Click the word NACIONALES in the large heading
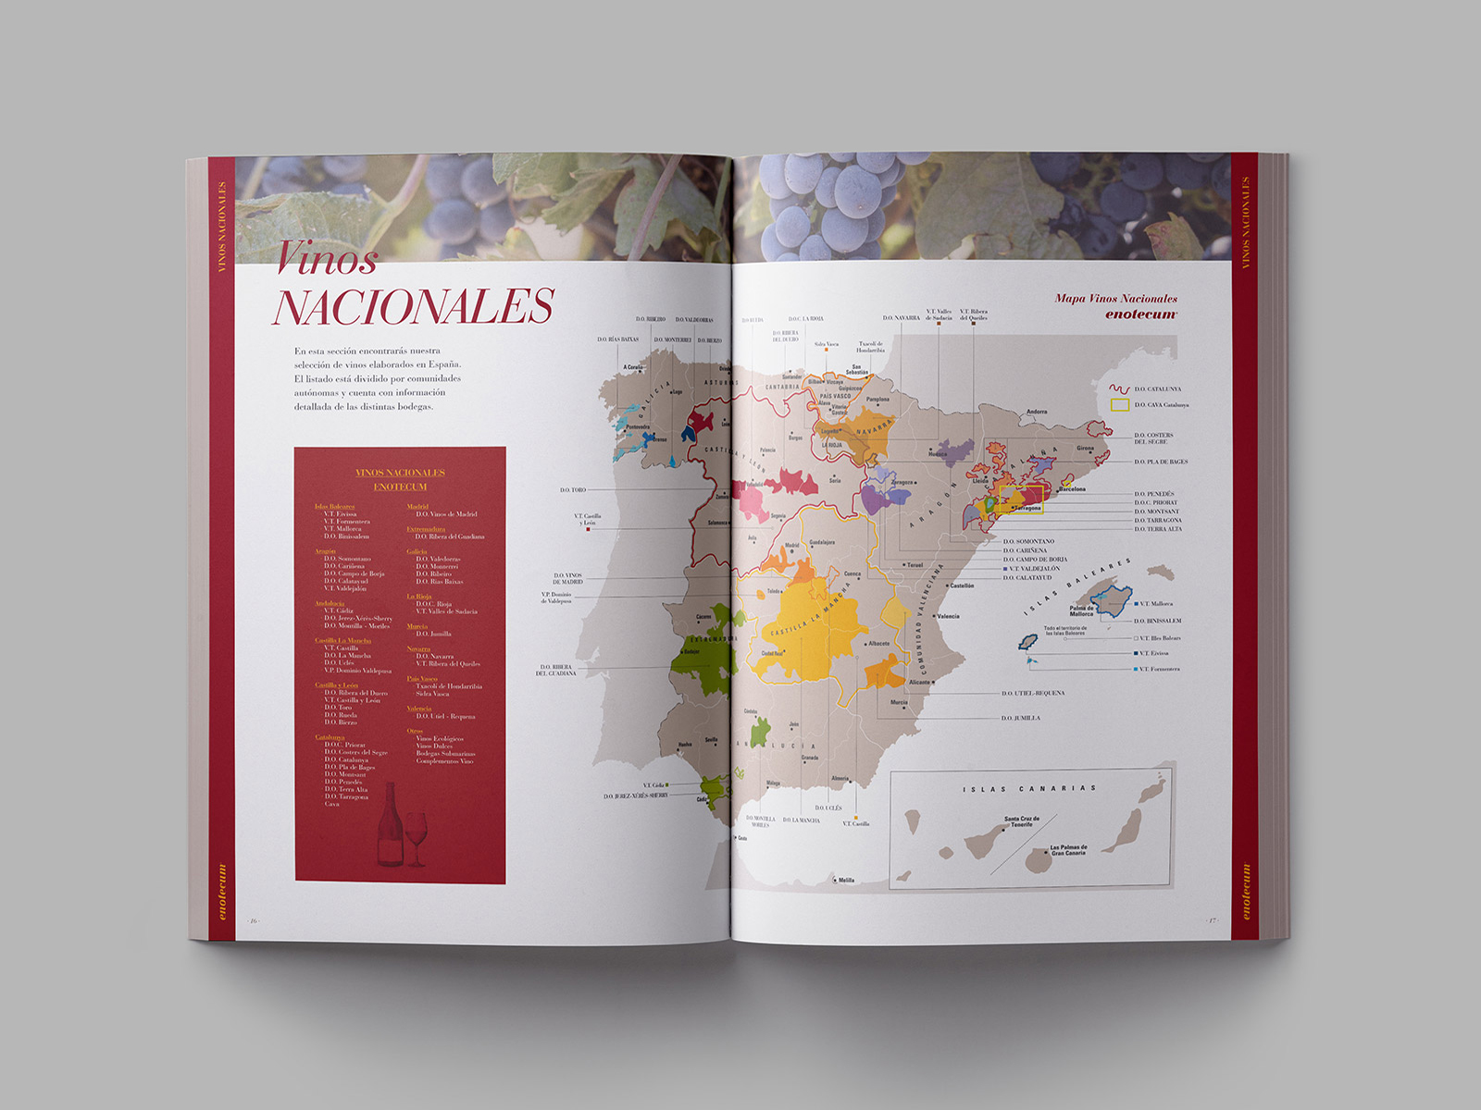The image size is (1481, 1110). [x=413, y=307]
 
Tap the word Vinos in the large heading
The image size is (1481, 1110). [x=327, y=258]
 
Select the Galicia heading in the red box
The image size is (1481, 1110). [x=417, y=551]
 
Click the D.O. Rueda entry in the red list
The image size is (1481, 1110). [x=341, y=715]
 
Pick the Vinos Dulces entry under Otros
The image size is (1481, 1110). [x=434, y=746]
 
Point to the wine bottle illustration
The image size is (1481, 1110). [x=390, y=825]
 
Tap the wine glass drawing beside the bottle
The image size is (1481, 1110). [x=417, y=836]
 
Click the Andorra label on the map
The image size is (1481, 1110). [x=1037, y=412]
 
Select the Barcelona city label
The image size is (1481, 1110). [x=1073, y=489]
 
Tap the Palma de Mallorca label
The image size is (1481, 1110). [x=1081, y=611]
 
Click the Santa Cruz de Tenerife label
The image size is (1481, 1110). [x=1022, y=821]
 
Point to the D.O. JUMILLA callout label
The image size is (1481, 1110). [x=1021, y=718]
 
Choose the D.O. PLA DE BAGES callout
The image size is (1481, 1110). [x=1161, y=462]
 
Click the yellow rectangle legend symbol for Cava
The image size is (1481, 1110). [x=1119, y=405]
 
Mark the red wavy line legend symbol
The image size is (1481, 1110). [x=1119, y=389]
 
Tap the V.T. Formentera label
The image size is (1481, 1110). [x=1159, y=669]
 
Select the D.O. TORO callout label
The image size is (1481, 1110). [x=573, y=490]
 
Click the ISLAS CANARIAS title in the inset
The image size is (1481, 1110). [x=1028, y=789]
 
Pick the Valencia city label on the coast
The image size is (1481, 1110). [x=948, y=616]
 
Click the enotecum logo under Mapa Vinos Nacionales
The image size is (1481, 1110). [x=1140, y=314]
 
